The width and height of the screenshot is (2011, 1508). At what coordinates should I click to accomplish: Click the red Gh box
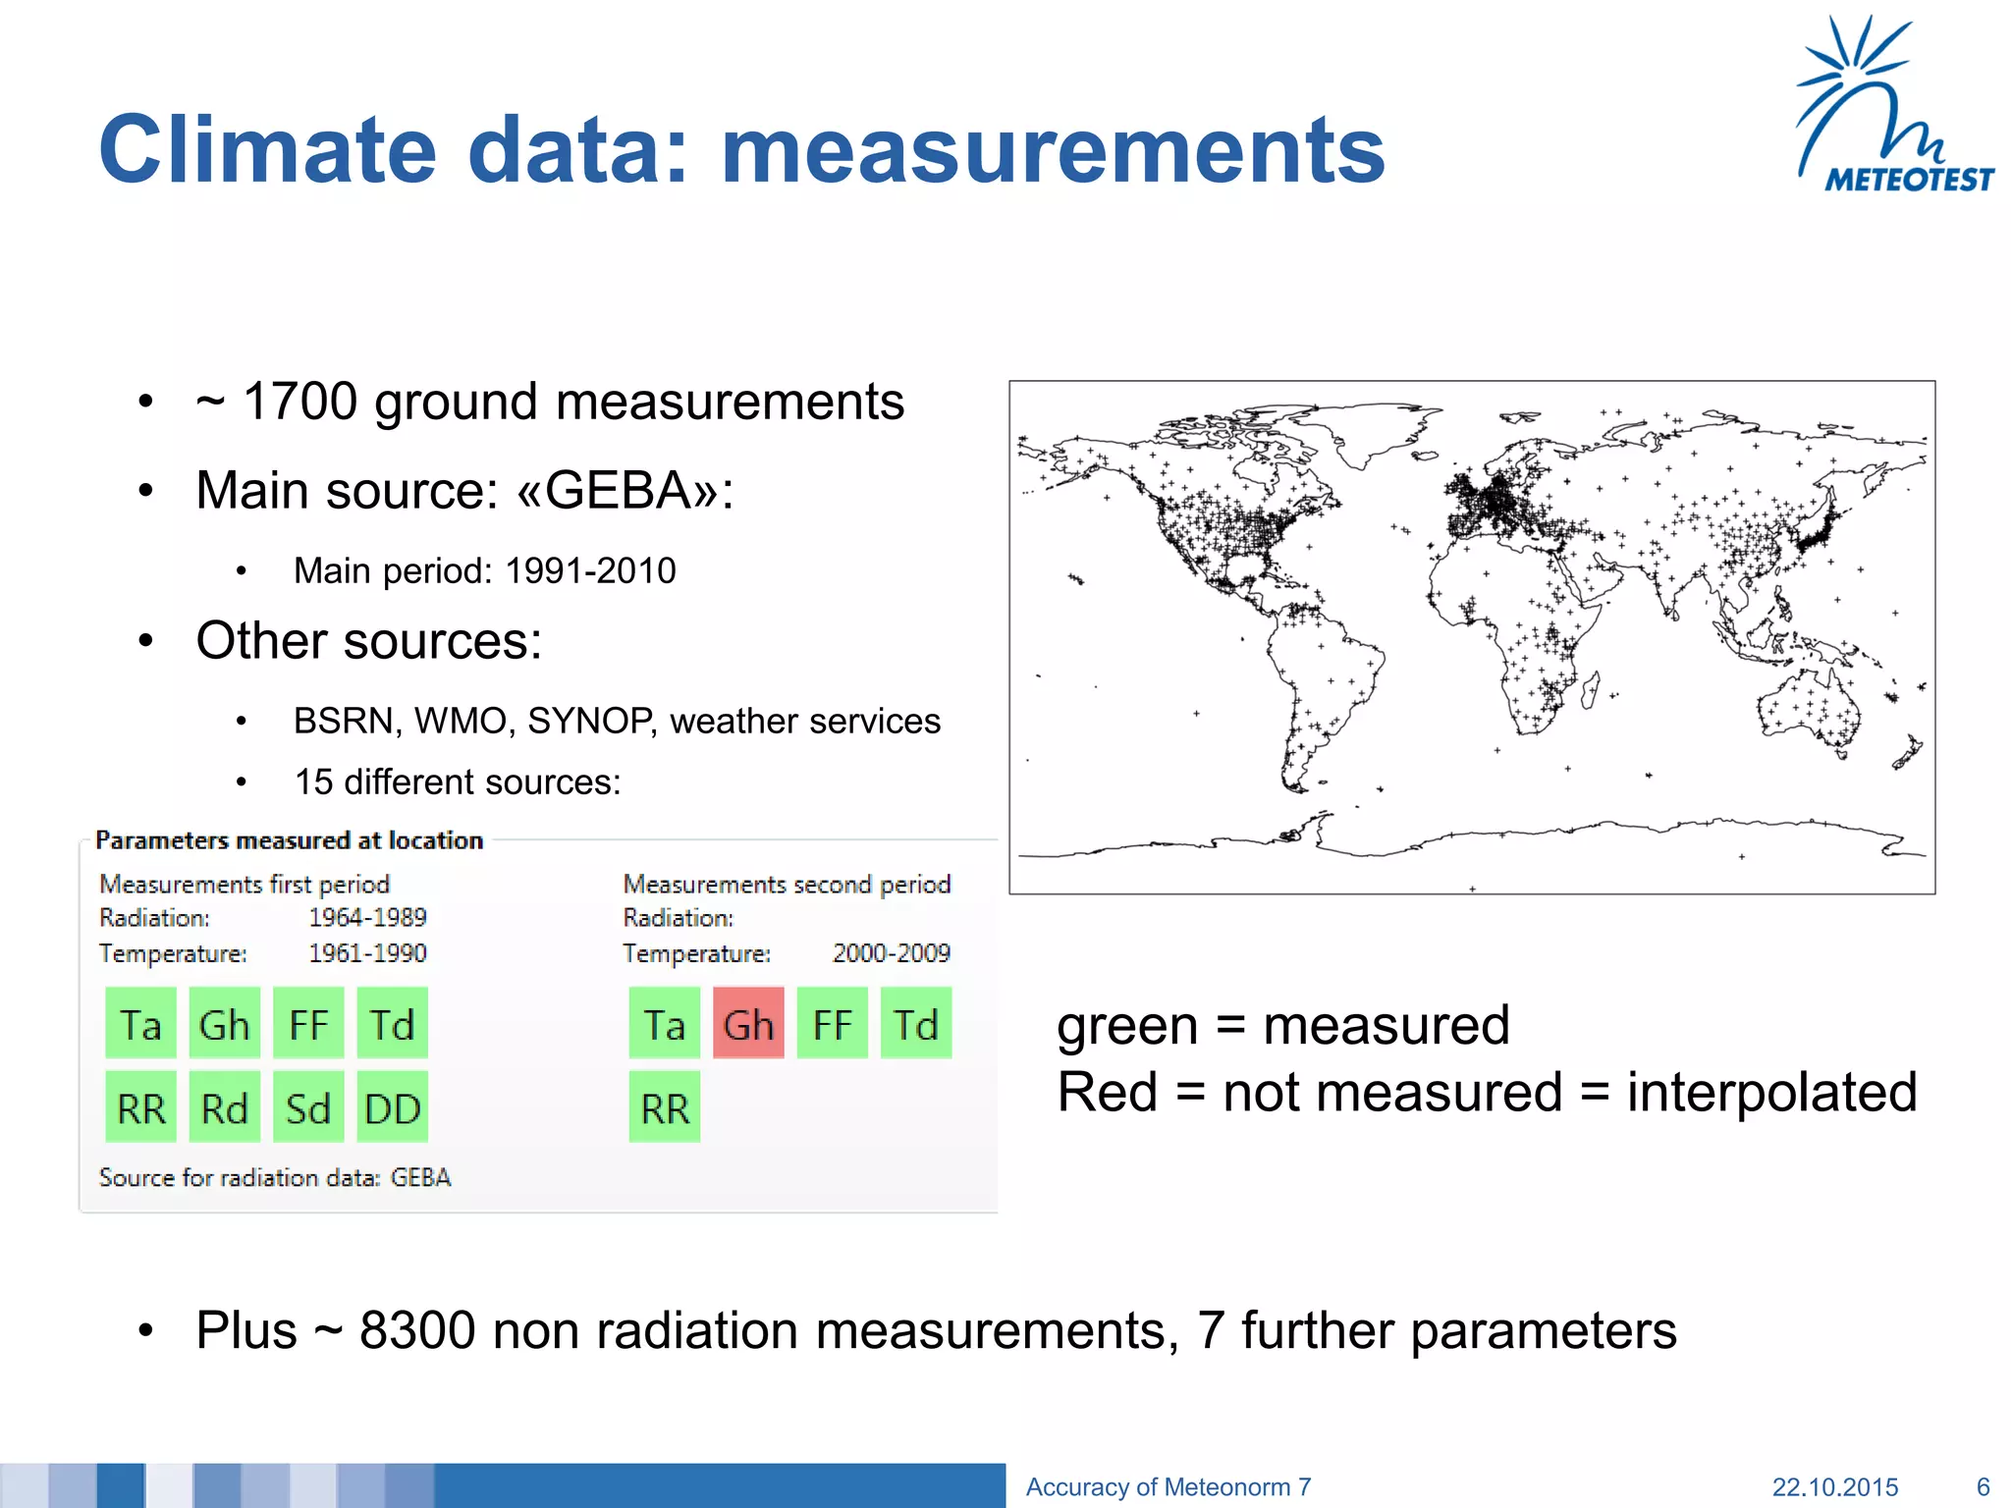click(x=748, y=1024)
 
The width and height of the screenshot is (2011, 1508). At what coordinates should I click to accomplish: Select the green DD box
click(x=392, y=1108)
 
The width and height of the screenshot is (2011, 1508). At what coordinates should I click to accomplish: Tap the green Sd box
click(x=308, y=1108)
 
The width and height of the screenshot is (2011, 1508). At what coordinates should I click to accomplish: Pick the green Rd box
click(x=225, y=1108)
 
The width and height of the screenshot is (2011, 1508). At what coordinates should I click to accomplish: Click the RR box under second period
click(x=665, y=1108)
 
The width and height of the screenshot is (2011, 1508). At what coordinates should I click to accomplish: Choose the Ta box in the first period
click(x=140, y=1024)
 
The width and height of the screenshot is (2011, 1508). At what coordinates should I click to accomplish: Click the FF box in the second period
click(x=832, y=1024)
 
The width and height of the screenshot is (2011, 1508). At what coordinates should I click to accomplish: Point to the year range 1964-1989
click(x=367, y=917)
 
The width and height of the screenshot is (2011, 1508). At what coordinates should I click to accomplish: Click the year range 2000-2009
click(x=891, y=952)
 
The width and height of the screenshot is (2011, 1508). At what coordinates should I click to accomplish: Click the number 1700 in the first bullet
click(x=299, y=402)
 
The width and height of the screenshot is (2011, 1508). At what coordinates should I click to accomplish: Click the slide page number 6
click(x=1983, y=1486)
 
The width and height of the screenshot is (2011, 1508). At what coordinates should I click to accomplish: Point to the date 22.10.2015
click(x=1834, y=1486)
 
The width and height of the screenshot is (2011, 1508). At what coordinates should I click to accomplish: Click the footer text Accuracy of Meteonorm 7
click(x=1168, y=1486)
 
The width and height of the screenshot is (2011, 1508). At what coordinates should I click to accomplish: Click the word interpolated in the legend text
click(x=1771, y=1092)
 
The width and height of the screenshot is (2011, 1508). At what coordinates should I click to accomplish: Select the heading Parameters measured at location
click(x=289, y=840)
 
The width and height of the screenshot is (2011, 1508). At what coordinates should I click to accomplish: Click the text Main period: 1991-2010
click(x=484, y=570)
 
